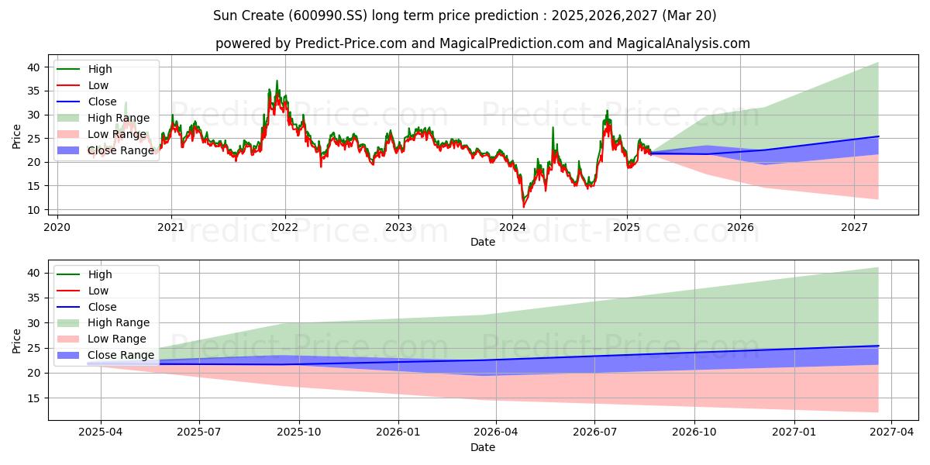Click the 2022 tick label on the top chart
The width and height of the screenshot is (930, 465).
(285, 228)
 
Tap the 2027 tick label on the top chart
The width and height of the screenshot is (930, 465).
(854, 228)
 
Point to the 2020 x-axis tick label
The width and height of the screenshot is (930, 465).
(57, 228)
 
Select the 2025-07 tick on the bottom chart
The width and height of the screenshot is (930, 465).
(199, 432)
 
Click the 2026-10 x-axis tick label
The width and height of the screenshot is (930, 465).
(694, 432)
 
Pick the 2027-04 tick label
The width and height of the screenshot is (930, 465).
(892, 432)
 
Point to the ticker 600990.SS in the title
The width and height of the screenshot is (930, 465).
(328, 15)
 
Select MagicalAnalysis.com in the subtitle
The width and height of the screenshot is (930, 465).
(683, 43)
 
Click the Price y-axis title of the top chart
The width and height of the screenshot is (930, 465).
(16, 136)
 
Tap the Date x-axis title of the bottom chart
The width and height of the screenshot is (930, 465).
(483, 447)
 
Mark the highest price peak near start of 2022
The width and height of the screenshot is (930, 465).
(277, 81)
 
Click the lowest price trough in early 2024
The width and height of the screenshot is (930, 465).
(524, 207)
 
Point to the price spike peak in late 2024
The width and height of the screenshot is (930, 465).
(607, 110)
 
